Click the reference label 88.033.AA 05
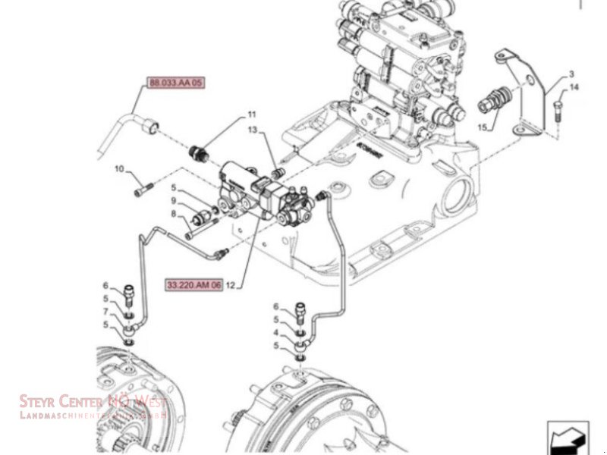pyautogui.click(x=174, y=83)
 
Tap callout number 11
pyautogui.click(x=250, y=115)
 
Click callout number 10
pyautogui.click(x=119, y=168)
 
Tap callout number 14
pyautogui.click(x=574, y=88)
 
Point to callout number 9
pyautogui.click(x=173, y=199)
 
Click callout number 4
pyautogui.click(x=278, y=332)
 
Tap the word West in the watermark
pyautogui.click(x=149, y=401)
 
